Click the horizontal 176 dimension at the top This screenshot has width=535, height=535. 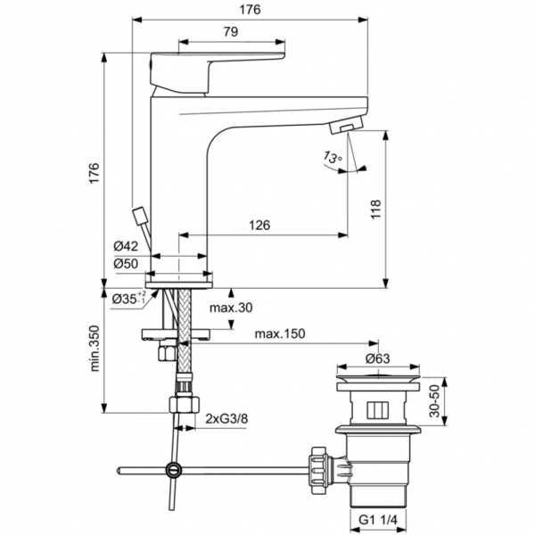(x=249, y=10)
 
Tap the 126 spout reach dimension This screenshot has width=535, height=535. (x=259, y=226)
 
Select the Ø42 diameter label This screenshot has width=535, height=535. (x=125, y=246)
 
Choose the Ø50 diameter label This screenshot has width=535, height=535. (x=125, y=264)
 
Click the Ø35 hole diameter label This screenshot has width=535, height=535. (x=127, y=300)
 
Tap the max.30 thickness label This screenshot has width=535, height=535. (x=231, y=308)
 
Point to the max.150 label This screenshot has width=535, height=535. (x=281, y=334)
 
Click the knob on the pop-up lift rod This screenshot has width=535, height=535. (x=138, y=217)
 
